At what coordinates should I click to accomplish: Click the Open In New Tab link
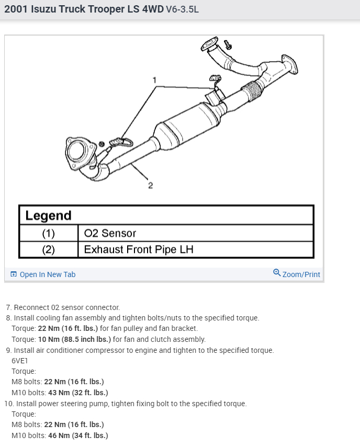(x=47, y=274)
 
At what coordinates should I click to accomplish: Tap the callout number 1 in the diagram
(x=154, y=80)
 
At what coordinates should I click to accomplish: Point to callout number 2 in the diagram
(x=150, y=186)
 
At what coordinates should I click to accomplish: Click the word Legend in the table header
(x=48, y=215)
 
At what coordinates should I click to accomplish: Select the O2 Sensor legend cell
(x=110, y=233)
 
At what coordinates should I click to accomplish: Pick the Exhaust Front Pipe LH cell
(x=139, y=249)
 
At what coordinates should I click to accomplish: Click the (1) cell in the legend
(x=48, y=233)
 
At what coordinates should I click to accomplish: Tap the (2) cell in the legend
(x=48, y=249)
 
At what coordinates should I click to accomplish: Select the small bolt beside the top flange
(x=227, y=44)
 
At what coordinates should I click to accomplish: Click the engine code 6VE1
(x=20, y=361)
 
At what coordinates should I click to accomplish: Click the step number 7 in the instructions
(x=8, y=307)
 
